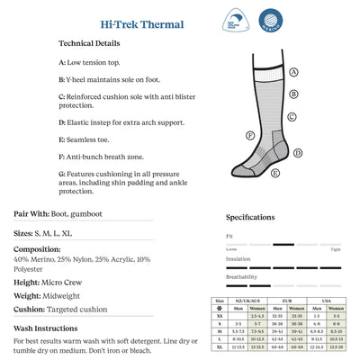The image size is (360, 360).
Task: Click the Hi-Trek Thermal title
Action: pyautogui.click(x=130, y=24)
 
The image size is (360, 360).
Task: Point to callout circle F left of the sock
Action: pyautogui.click(x=250, y=136)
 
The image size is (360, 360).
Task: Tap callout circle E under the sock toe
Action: pyautogui.click(x=274, y=172)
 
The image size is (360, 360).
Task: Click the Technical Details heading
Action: pyautogui.click(x=90, y=43)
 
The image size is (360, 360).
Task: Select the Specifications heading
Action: pyautogui.click(x=250, y=217)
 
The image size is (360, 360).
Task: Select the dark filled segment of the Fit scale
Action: pyautogui.click(x=283, y=243)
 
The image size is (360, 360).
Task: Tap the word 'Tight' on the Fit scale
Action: pyautogui.click(x=336, y=248)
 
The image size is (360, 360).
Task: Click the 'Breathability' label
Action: pyautogui.click(x=241, y=275)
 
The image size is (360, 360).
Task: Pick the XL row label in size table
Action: pyautogui.click(x=217, y=346)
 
